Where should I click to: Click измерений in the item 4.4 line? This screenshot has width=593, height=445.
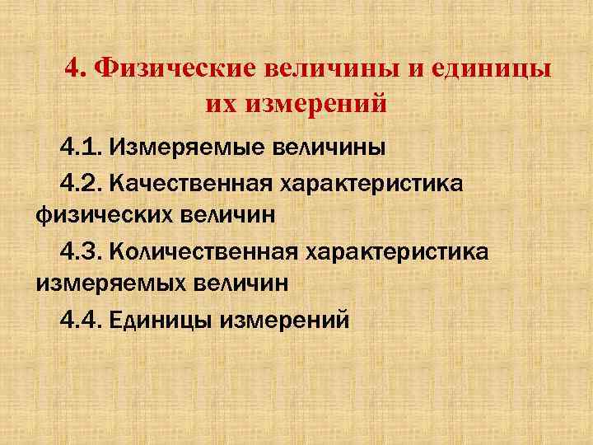pyautogui.click(x=284, y=318)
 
